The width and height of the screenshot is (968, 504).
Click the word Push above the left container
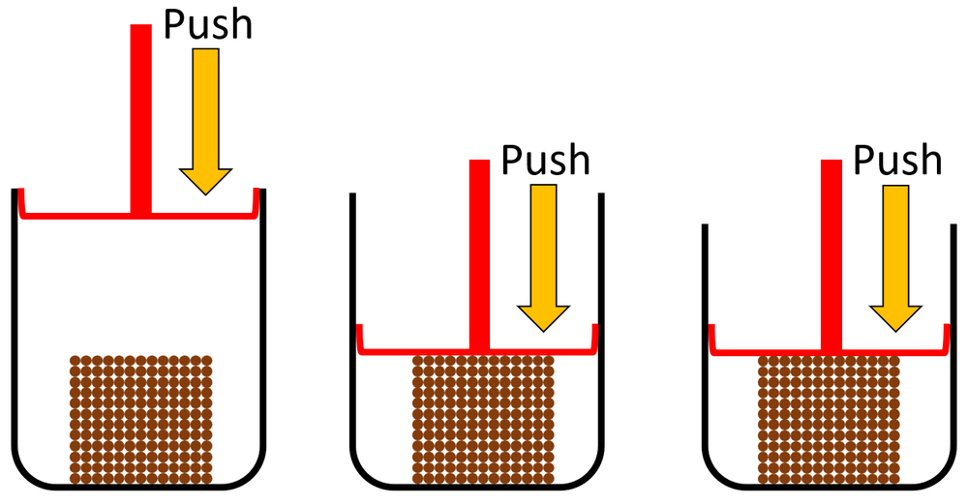[x=207, y=25]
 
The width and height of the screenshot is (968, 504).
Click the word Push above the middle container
[x=545, y=160]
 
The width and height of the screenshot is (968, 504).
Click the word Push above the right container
[x=897, y=160]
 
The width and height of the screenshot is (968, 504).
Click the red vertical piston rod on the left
[x=141, y=116]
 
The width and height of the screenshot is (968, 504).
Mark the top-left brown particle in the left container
[x=76, y=362]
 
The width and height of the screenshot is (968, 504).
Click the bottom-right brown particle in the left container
[x=206, y=477]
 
